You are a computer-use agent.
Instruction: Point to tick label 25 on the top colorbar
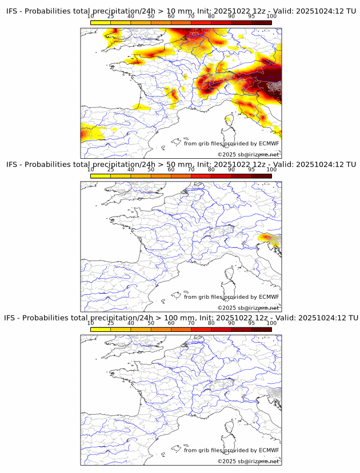pos(111,16)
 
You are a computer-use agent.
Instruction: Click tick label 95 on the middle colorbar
pos(251,170)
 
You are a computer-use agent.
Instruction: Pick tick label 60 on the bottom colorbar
pos(171,323)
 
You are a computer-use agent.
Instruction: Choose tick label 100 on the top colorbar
pos(271,16)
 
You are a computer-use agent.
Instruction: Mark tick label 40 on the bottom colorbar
pos(131,323)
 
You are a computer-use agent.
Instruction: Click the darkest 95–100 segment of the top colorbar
pos(261,22)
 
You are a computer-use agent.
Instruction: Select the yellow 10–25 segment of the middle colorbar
pos(101,176)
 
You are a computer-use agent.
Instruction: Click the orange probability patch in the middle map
pos(268,238)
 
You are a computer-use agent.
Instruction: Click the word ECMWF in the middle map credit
pos(269,297)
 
